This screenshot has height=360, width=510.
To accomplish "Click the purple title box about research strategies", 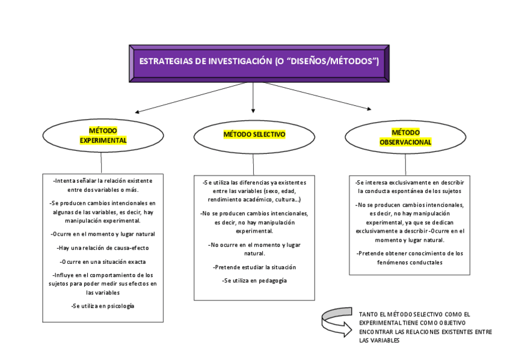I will [x=259, y=63].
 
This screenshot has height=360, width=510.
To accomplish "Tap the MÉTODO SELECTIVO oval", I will [x=254, y=135].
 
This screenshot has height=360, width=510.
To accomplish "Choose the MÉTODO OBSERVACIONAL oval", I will [x=405, y=137].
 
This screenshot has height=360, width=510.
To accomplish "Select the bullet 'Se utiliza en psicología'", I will [x=103, y=306].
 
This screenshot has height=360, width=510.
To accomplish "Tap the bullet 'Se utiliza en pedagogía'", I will [x=254, y=281].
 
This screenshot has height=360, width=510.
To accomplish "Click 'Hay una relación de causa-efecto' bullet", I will [x=103, y=248].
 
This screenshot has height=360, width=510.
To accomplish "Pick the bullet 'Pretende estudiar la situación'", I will [x=254, y=267].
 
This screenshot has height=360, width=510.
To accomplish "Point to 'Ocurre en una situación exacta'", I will [x=103, y=261].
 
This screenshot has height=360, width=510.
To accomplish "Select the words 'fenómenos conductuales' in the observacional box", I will [x=409, y=263].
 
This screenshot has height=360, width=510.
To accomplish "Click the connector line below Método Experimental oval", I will [x=101, y=163].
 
